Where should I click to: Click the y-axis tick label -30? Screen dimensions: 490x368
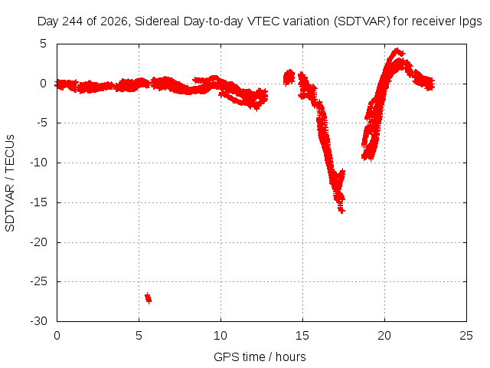(x=38, y=321)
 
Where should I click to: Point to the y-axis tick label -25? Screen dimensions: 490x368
(x=38, y=281)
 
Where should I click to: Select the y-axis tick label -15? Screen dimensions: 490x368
(x=38, y=202)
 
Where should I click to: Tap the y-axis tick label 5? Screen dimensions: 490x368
(x=43, y=44)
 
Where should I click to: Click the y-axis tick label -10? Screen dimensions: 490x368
(x=38, y=163)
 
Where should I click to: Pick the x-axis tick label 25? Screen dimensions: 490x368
(x=466, y=336)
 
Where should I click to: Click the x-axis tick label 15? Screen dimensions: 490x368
(x=302, y=336)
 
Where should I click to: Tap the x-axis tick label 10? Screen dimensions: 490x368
(x=220, y=336)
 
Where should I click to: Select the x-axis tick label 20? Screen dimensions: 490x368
(x=384, y=336)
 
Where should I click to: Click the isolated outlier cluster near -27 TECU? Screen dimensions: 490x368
(x=148, y=298)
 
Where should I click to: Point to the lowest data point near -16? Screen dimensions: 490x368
(x=341, y=211)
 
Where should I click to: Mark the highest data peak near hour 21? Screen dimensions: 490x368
(x=397, y=51)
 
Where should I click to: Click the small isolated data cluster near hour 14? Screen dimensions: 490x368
(x=289, y=77)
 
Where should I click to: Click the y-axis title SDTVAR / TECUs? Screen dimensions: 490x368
(x=10, y=183)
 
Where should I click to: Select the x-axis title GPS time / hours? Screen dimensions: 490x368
(x=260, y=356)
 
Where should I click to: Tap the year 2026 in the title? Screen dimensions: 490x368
(x=113, y=21)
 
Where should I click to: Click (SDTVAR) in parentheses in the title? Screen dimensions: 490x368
(x=362, y=21)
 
